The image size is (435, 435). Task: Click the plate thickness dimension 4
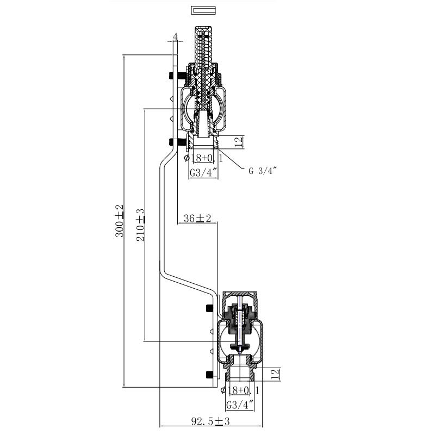click(175, 37)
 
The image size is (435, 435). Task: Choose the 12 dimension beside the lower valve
click(275, 375)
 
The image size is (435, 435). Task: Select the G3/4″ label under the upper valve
click(203, 173)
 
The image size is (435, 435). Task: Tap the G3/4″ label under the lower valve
click(240, 405)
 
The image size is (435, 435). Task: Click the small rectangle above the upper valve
click(203, 10)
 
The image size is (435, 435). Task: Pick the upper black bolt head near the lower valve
click(209, 308)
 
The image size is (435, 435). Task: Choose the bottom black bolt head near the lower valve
click(209, 374)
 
